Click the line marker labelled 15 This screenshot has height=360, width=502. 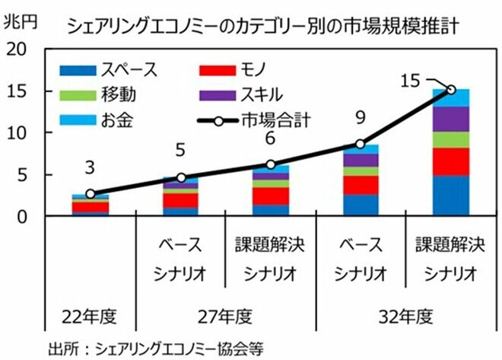[450, 90]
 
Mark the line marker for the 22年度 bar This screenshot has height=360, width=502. [91, 194]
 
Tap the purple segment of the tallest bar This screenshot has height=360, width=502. [450, 119]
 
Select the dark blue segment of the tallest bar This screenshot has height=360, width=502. [450, 196]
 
